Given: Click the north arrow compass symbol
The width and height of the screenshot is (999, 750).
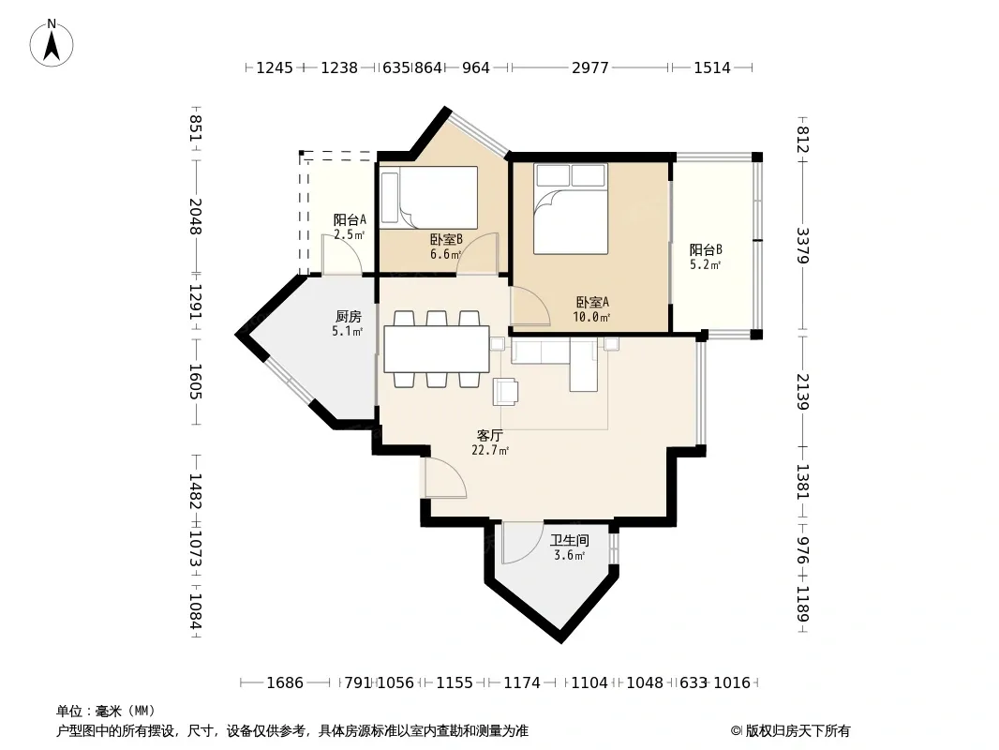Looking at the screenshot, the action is coord(52,43).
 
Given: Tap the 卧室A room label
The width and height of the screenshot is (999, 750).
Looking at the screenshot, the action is coord(592,302).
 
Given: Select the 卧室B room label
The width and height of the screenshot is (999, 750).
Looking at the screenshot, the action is coord(446,240).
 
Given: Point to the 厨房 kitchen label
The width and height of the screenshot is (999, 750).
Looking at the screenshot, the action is coord(349,316).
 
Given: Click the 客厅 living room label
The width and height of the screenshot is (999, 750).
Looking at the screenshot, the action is coord(490,436).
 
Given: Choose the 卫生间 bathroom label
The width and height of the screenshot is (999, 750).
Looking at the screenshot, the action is coord(570,540).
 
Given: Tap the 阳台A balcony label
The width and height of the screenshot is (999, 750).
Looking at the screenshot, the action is coord(350,219).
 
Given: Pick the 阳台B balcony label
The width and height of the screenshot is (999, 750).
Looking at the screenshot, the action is coord(706,249).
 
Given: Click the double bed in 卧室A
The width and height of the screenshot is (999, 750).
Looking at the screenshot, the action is coord(570,209).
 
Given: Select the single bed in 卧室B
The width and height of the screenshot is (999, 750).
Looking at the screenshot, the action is coord(429,198).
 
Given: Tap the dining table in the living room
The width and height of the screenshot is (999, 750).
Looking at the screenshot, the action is coord(437,349).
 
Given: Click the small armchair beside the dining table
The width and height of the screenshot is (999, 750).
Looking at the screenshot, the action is coord(506,391).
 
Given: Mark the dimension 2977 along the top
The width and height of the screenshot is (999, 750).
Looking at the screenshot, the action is coord(590,67).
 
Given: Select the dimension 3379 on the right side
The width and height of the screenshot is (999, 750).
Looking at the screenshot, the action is coord(802,246).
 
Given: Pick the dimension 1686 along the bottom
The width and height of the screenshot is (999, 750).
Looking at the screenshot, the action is coord(285,683).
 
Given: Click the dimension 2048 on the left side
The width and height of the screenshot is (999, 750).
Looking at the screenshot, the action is coord(196,216).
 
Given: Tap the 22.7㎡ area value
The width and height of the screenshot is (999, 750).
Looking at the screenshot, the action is coord(490,451).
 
